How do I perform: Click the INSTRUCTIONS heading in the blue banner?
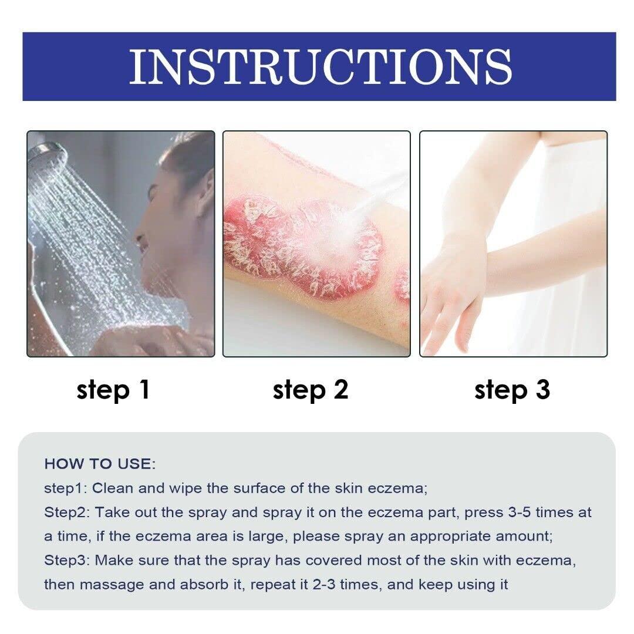tap(320, 66)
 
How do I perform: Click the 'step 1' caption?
tap(113, 390)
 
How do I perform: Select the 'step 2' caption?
tap(311, 390)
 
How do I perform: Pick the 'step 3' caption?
tap(512, 390)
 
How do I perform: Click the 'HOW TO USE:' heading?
tap(100, 464)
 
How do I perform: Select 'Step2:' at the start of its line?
tap(66, 512)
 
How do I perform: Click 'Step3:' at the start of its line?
tap(66, 560)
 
